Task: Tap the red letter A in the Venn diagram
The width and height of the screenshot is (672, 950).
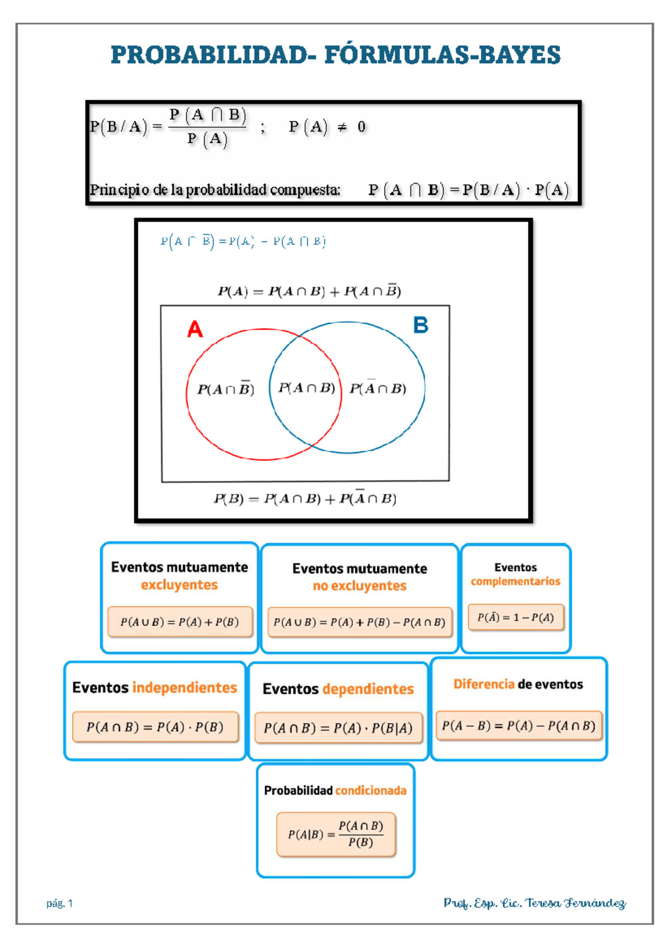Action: (x=195, y=329)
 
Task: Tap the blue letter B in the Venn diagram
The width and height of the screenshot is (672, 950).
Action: (x=421, y=325)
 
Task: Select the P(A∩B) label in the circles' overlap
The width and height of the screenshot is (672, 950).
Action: (x=306, y=388)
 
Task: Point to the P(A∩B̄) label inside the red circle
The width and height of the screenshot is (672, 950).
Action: (x=226, y=389)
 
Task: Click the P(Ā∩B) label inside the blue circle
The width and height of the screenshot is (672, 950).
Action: (x=378, y=388)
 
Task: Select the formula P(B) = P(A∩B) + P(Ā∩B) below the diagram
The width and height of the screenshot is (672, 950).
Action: (x=305, y=498)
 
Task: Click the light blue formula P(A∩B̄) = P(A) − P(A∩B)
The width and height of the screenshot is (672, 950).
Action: (x=243, y=241)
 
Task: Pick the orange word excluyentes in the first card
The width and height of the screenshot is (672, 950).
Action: (x=179, y=585)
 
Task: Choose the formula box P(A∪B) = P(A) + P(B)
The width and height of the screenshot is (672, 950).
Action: (x=180, y=622)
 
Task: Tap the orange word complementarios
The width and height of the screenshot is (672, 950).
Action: (x=515, y=581)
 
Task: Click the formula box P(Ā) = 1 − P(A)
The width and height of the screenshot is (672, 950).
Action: (x=516, y=617)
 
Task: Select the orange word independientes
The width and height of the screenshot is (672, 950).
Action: (x=185, y=687)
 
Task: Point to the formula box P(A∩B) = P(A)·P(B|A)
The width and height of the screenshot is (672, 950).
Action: (x=338, y=728)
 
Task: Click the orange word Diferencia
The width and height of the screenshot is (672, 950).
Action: (x=484, y=684)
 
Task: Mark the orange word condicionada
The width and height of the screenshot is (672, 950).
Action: (x=371, y=790)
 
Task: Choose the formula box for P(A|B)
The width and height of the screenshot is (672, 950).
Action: (x=336, y=834)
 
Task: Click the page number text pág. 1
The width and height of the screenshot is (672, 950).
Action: (x=59, y=903)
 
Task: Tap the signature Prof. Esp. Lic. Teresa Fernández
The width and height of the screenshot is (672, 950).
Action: (x=534, y=903)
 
